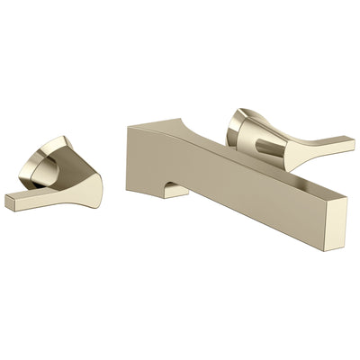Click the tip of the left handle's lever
click(11, 204)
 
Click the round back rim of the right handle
click(240, 121)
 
